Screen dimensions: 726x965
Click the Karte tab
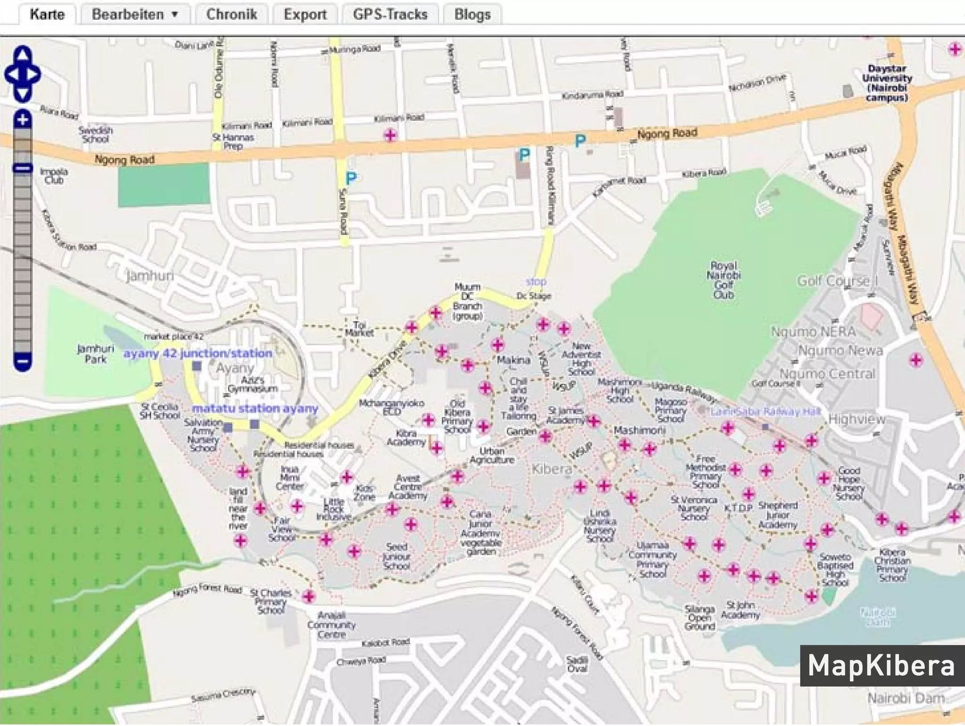[x=47, y=14]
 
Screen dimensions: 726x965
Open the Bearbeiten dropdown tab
[x=135, y=14]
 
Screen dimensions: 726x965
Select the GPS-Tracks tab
[x=390, y=14]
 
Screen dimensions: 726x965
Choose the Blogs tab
[x=472, y=14]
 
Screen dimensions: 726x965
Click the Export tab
[x=305, y=14]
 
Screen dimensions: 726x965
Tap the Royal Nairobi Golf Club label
[x=723, y=280]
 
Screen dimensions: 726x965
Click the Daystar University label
[x=887, y=83]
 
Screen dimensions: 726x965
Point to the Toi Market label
[x=359, y=329]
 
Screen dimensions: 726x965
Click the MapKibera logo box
[x=881, y=666]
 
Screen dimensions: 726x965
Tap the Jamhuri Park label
[x=96, y=354]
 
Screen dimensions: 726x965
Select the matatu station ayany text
[x=255, y=408]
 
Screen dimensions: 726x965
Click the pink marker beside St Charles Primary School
[x=309, y=597]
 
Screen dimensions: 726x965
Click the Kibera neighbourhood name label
[x=551, y=469]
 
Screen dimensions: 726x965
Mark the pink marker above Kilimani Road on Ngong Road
[x=390, y=135]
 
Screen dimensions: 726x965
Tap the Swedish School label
[x=96, y=134]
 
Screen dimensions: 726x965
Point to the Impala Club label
[x=54, y=175]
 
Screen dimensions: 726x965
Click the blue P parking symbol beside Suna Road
[x=351, y=178]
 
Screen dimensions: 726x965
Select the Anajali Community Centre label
[x=331, y=625]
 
